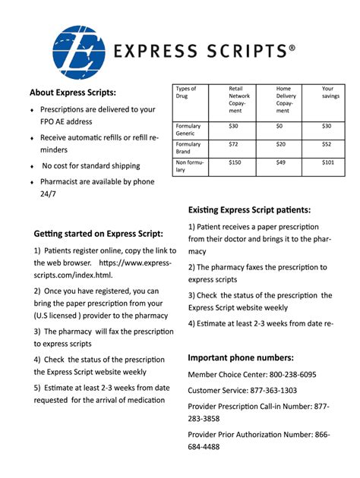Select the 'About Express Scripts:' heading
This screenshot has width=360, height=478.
click(73, 93)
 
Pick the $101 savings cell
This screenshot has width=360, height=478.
click(327, 162)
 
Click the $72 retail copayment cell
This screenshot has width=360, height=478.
click(233, 143)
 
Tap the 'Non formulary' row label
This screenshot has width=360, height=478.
click(189, 166)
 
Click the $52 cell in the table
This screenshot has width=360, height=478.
click(327, 143)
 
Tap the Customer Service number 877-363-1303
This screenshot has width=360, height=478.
click(270, 391)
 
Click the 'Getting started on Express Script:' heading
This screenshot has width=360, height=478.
click(99, 234)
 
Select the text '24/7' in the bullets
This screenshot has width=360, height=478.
click(47, 193)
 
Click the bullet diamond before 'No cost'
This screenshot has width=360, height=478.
click(31, 166)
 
